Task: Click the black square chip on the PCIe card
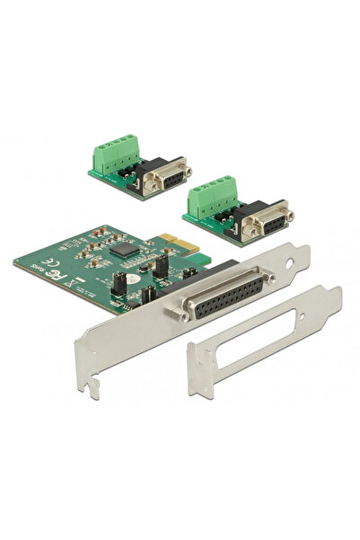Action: point(126,249)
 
